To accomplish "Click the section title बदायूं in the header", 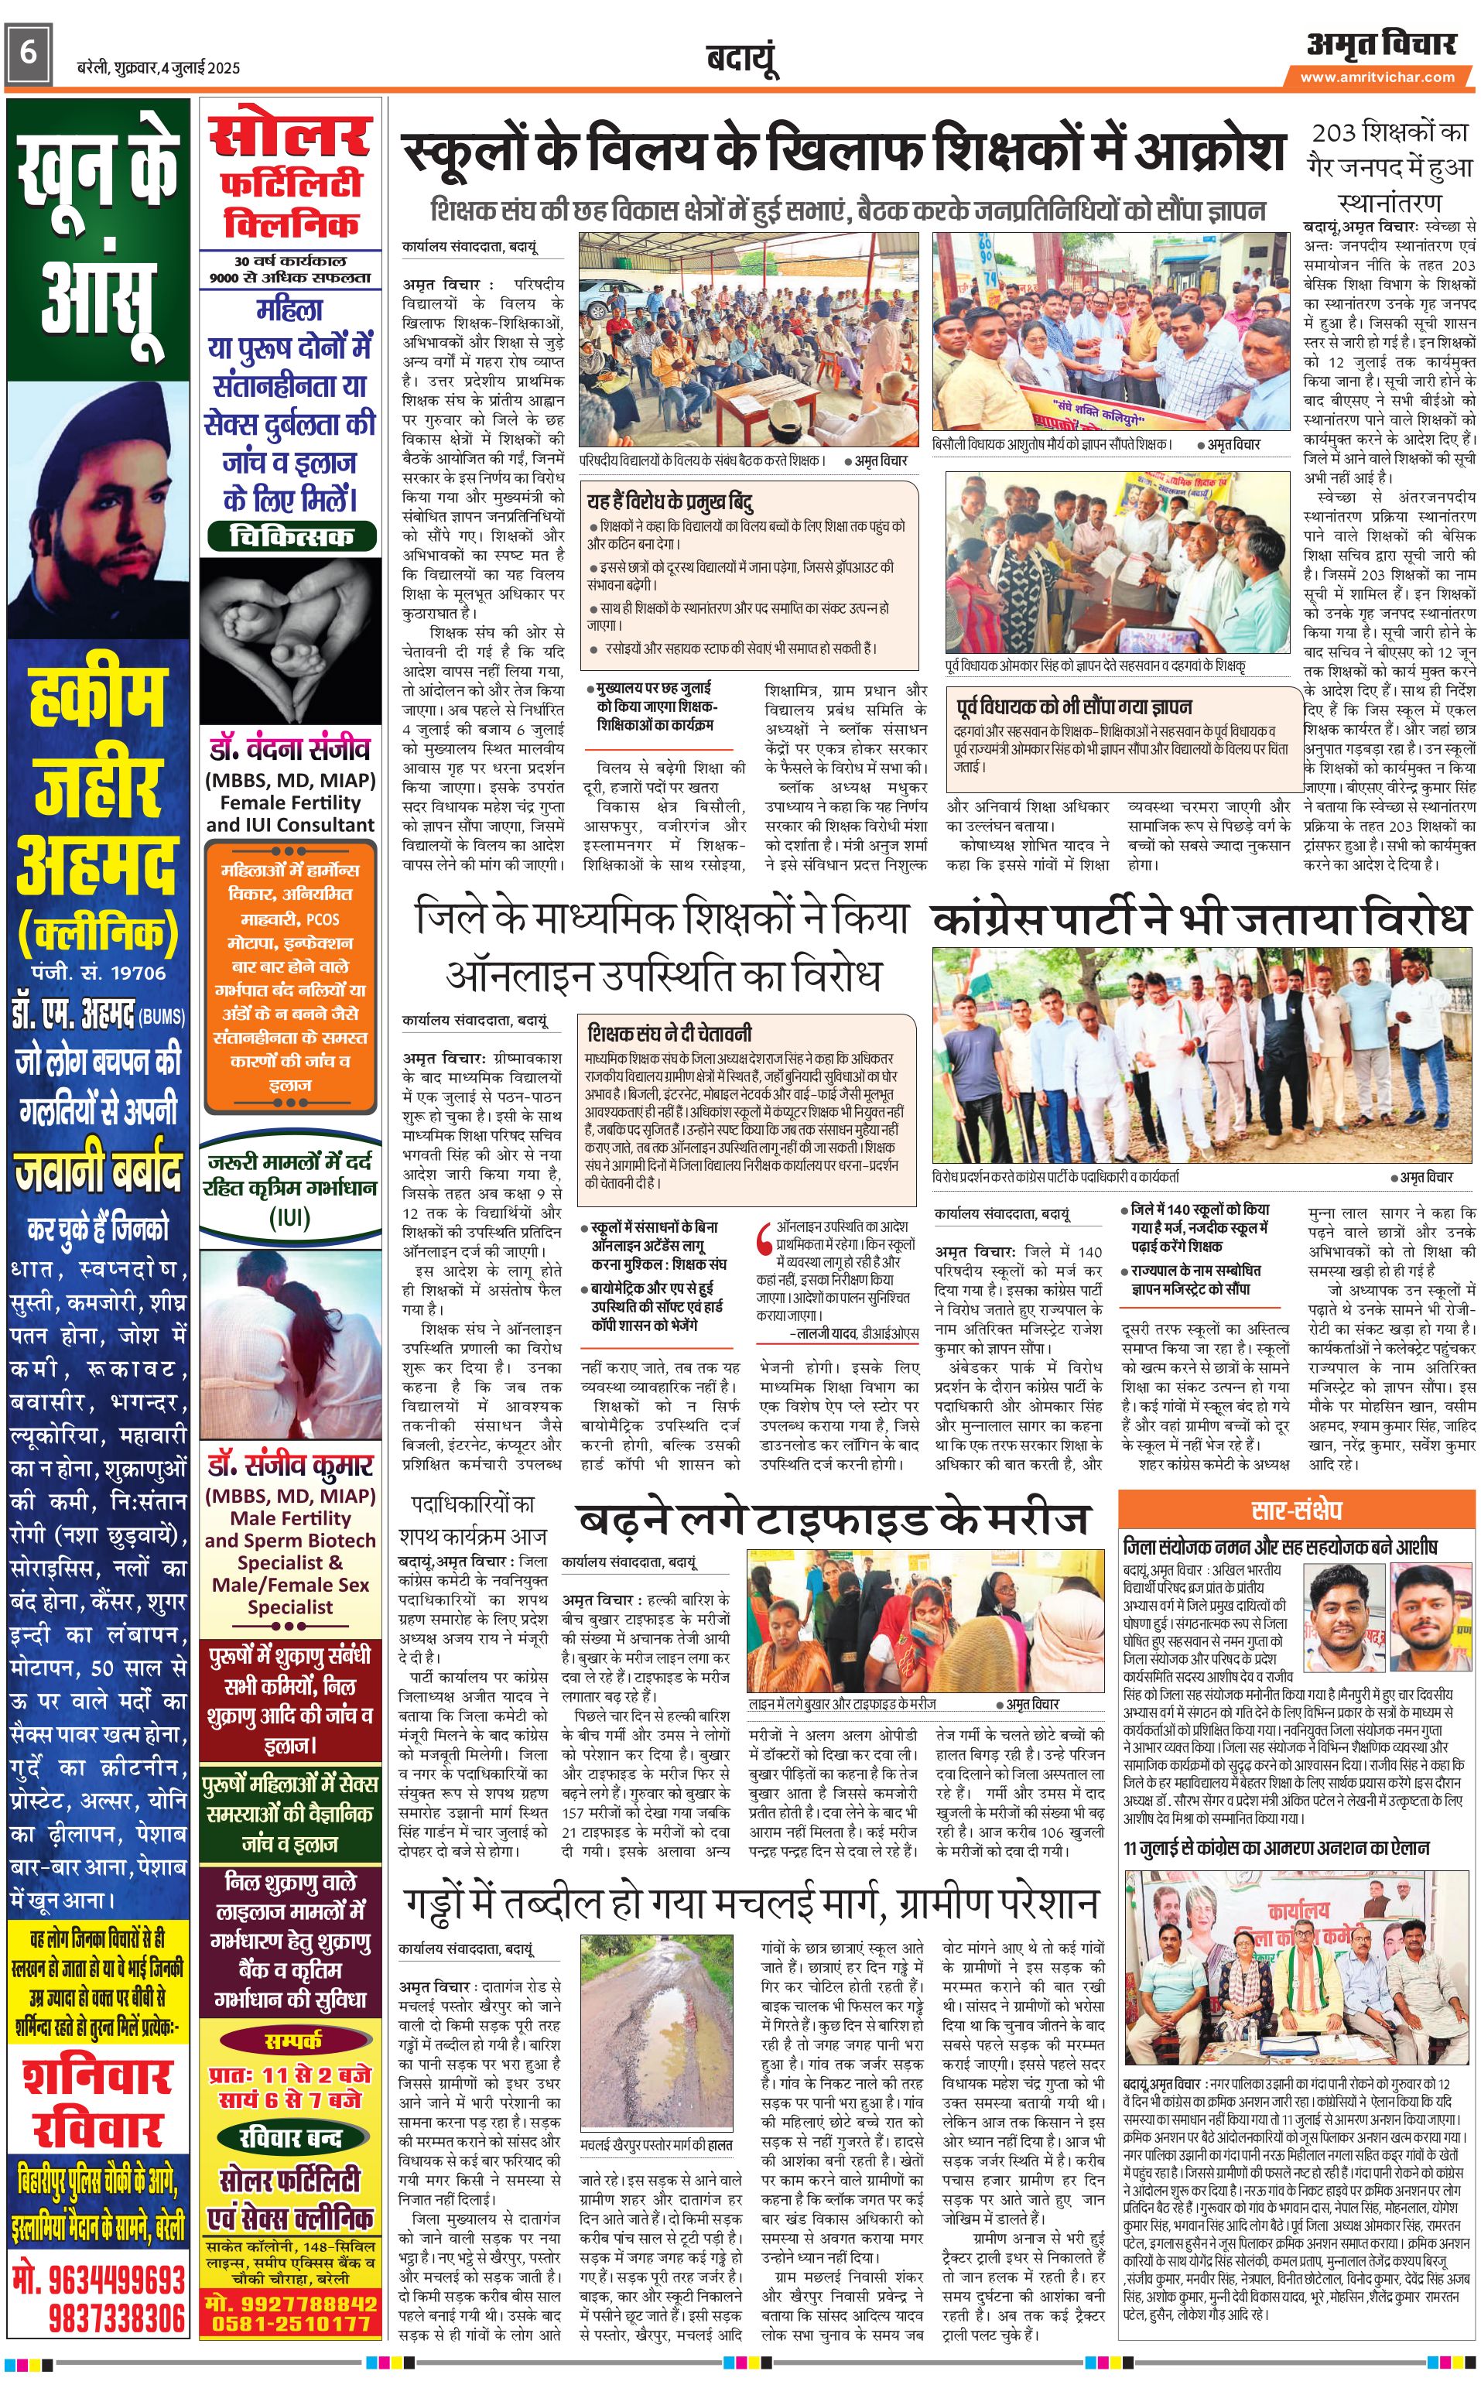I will [x=741, y=60].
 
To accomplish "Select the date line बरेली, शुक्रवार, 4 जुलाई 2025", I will [x=159, y=67].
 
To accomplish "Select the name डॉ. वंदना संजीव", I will [x=290, y=749].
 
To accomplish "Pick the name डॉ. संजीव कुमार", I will [x=290, y=1466].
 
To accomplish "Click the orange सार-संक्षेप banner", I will [x=1296, y=1510].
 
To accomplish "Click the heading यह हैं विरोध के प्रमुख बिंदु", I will [x=670, y=501].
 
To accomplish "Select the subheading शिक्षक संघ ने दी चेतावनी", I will [x=670, y=1032].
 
